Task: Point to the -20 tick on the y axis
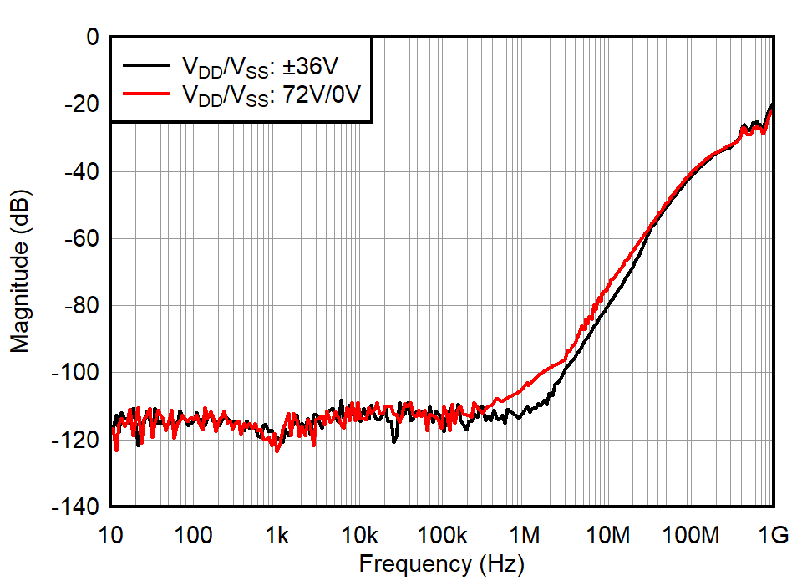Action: click(x=81, y=104)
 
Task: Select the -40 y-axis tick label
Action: click(x=81, y=171)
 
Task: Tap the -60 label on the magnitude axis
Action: click(x=81, y=238)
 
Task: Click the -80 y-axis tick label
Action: click(x=81, y=305)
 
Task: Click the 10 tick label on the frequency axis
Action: click(x=111, y=535)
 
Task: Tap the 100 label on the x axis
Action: click(x=194, y=535)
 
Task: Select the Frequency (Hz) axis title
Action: click(x=441, y=565)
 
